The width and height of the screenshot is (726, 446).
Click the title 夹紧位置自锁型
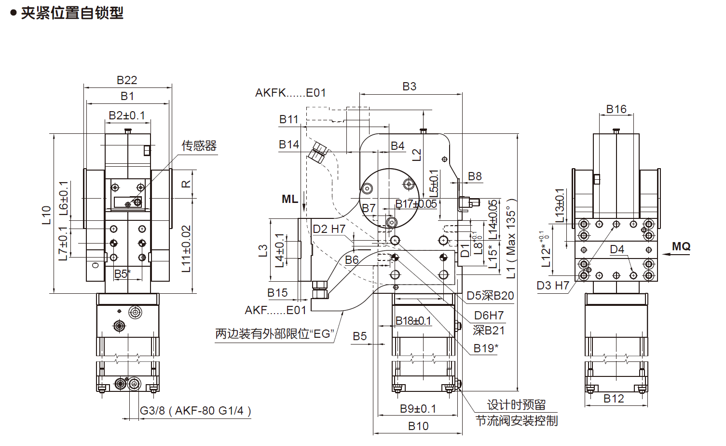click(x=71, y=13)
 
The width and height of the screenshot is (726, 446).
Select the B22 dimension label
click(x=127, y=80)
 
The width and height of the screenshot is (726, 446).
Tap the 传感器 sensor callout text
click(x=199, y=145)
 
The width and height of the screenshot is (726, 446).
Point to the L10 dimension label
click(x=46, y=215)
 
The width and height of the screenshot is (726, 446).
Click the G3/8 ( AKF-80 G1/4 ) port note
click(x=195, y=411)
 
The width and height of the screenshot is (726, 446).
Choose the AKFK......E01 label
click(x=290, y=93)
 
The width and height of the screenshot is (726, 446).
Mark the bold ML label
click(x=289, y=199)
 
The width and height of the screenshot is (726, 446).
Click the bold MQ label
click(x=681, y=246)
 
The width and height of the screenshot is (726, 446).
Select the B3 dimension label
click(x=409, y=86)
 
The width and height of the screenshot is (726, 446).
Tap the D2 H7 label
click(x=329, y=229)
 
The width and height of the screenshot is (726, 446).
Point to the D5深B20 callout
click(x=490, y=296)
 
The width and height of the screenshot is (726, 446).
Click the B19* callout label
click(x=486, y=348)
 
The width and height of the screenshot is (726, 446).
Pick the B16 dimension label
click(x=616, y=109)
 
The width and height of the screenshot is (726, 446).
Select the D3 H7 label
click(x=553, y=286)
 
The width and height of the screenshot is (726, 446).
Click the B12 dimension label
click(x=614, y=399)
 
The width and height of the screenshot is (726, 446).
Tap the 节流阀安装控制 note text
click(x=516, y=421)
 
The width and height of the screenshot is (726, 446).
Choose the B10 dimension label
click(x=418, y=426)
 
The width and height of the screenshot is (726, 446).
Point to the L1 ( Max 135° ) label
click(x=511, y=239)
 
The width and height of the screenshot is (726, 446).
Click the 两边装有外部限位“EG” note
click(x=274, y=334)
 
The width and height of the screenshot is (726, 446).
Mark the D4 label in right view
click(x=617, y=249)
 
